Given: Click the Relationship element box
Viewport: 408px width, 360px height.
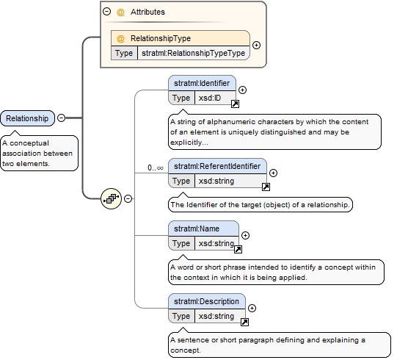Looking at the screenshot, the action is (x=28, y=118).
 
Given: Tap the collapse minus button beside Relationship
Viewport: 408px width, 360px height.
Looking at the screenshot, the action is (x=61, y=118).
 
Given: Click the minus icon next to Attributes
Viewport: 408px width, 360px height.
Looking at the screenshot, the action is (x=106, y=12).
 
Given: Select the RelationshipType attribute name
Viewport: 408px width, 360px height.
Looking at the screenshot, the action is (x=161, y=38).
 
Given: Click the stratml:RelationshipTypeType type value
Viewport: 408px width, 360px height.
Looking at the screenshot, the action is (x=193, y=53).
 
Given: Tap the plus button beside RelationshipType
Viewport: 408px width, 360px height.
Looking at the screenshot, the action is (x=256, y=45).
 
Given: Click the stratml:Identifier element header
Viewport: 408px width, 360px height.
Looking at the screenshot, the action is (x=202, y=83).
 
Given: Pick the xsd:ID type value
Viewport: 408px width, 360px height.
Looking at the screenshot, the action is (x=210, y=98).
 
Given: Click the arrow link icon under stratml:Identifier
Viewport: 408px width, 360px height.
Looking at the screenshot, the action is (x=235, y=104).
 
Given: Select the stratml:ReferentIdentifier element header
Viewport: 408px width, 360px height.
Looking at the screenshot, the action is (x=217, y=166).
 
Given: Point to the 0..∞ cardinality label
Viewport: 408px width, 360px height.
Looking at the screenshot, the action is (x=156, y=168).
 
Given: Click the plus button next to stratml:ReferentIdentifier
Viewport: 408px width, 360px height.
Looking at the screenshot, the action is (x=273, y=173).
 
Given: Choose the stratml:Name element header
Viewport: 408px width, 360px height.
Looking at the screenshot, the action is (x=203, y=228).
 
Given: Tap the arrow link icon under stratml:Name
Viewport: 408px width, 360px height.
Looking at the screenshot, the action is (x=238, y=249).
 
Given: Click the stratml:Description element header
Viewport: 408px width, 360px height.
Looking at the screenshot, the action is (x=207, y=301).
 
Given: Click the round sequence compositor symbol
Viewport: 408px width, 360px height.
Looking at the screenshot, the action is (x=111, y=199).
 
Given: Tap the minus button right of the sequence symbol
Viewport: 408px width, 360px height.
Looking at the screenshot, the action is (x=128, y=199).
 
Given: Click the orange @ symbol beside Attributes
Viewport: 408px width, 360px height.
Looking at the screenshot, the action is (x=120, y=12).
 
